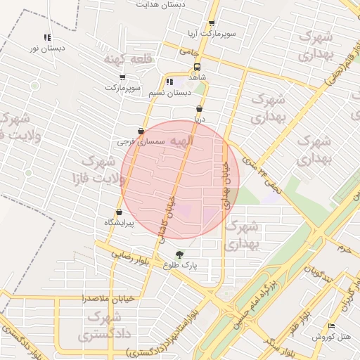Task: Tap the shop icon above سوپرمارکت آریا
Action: point(212,23)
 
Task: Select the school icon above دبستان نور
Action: point(47,37)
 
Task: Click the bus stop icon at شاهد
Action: point(196,68)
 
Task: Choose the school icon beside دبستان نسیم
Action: point(169,82)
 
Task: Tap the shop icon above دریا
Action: point(200,109)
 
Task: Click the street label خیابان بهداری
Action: point(226,184)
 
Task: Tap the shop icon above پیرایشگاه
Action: point(118,212)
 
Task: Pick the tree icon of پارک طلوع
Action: point(180,255)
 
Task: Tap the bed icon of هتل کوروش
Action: point(331,326)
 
